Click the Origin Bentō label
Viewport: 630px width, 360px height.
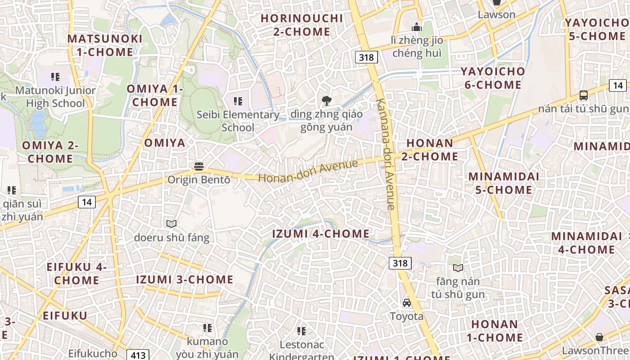(198, 180)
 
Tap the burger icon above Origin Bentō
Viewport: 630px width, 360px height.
(199, 166)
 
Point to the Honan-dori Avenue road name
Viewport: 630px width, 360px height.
(308, 171)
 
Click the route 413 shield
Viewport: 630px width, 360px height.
(138, 355)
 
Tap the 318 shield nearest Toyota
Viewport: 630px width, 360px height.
(400, 263)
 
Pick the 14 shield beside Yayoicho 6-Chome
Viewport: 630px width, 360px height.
(618, 85)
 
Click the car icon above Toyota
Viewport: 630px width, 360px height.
(407, 303)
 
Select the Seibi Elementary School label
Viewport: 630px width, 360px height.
(238, 121)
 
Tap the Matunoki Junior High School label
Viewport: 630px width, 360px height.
(55, 97)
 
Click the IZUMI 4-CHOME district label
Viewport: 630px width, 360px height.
(321, 234)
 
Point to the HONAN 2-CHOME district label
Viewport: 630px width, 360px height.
(432, 150)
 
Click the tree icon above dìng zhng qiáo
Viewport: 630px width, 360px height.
(327, 101)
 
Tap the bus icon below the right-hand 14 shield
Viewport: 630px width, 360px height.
(584, 95)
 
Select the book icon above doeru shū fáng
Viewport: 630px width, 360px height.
(171, 224)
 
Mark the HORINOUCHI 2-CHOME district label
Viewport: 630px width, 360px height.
(302, 25)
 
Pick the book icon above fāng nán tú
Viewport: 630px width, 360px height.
(458, 268)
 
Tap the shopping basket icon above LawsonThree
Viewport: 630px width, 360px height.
(599, 337)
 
